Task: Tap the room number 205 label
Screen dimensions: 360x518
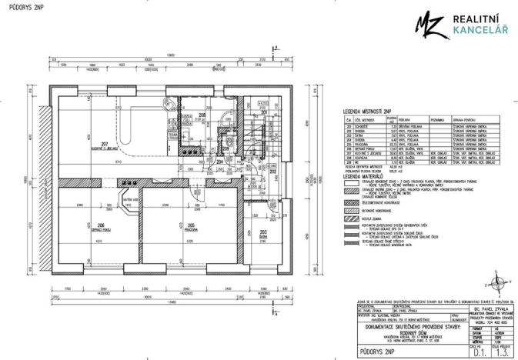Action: (x=191, y=225)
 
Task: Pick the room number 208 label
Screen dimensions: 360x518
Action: (x=202, y=115)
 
